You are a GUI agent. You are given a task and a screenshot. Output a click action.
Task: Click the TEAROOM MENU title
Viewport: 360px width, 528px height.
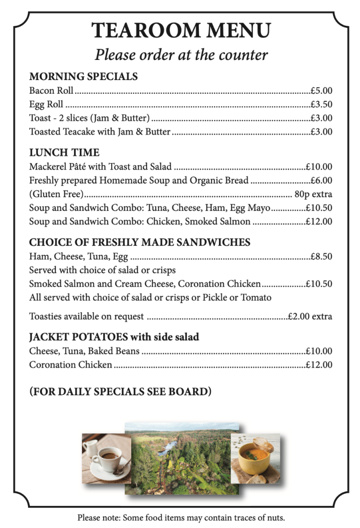pos(181,30)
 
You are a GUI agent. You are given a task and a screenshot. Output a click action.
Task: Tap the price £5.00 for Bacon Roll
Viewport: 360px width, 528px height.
pos(321,90)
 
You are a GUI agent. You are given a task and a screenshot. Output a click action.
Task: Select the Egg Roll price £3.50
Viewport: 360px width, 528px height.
pos(321,104)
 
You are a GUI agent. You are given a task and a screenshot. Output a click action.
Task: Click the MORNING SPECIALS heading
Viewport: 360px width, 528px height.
pos(83,76)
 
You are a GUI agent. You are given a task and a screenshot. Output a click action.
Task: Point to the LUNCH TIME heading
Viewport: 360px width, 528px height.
pos(64,152)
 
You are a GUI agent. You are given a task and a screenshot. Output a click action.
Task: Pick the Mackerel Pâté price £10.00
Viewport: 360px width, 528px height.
pos(319,166)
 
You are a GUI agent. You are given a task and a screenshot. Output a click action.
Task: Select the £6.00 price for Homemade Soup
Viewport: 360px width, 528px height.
pos(321,180)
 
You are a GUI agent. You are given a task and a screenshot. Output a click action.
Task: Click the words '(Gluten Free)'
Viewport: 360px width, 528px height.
pos(56,194)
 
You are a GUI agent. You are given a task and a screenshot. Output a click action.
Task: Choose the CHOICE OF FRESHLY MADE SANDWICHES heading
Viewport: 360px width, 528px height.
pos(140,242)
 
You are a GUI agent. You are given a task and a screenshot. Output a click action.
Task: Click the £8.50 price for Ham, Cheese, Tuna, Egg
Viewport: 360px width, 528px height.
pos(321,256)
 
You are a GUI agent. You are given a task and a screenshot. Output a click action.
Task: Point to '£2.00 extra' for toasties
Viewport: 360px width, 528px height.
pos(310,316)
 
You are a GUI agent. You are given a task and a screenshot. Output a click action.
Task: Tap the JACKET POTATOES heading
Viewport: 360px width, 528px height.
pos(114,337)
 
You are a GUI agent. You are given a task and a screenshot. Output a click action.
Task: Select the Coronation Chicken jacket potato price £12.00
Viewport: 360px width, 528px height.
pos(319,364)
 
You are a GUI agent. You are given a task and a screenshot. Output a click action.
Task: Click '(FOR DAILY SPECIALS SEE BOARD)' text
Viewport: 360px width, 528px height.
pos(120,391)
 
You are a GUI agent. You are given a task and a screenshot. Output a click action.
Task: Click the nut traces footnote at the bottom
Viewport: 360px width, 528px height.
pos(181,518)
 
